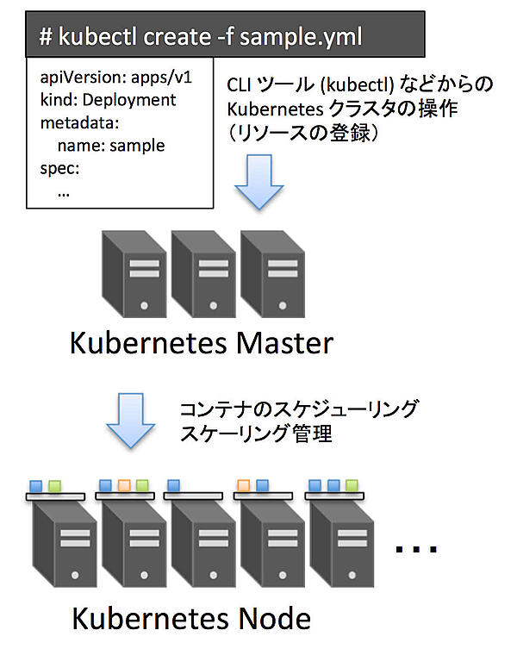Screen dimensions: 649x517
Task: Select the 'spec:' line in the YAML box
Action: click(59, 168)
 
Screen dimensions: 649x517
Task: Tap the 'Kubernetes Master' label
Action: click(200, 344)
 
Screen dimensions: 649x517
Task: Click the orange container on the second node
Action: click(124, 486)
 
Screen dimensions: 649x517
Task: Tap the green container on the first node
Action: click(55, 486)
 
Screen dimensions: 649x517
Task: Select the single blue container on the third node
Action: click(173, 486)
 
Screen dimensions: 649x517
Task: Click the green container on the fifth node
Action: click(351, 486)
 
